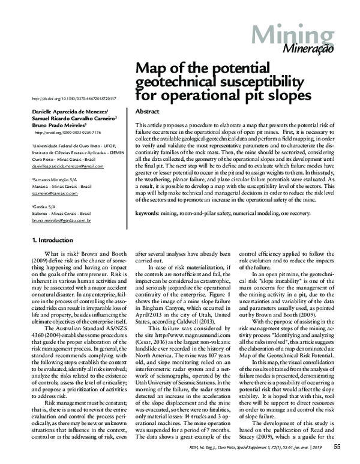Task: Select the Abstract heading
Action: (x=147, y=112)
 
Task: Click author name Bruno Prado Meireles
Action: (x=58, y=125)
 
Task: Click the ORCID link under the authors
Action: (x=67, y=131)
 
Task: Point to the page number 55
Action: (x=337, y=446)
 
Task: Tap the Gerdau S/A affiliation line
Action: (x=43, y=206)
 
